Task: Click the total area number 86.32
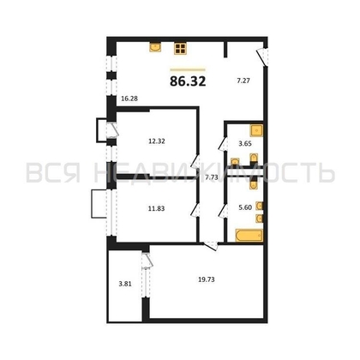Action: tap(189, 83)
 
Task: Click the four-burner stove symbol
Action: tap(181, 48)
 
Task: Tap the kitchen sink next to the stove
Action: tap(156, 48)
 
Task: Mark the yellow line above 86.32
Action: tap(189, 69)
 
